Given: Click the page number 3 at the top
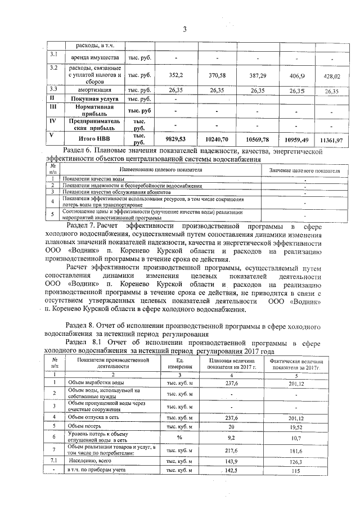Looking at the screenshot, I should [183, 30].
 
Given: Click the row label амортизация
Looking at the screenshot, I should [94, 90].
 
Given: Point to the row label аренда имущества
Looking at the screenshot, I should [94, 58].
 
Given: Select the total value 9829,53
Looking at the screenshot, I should [175, 138].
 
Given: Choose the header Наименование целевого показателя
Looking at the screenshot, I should [160, 169].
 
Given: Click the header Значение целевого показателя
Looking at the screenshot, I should [304, 170].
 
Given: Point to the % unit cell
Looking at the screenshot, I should [179, 436].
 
